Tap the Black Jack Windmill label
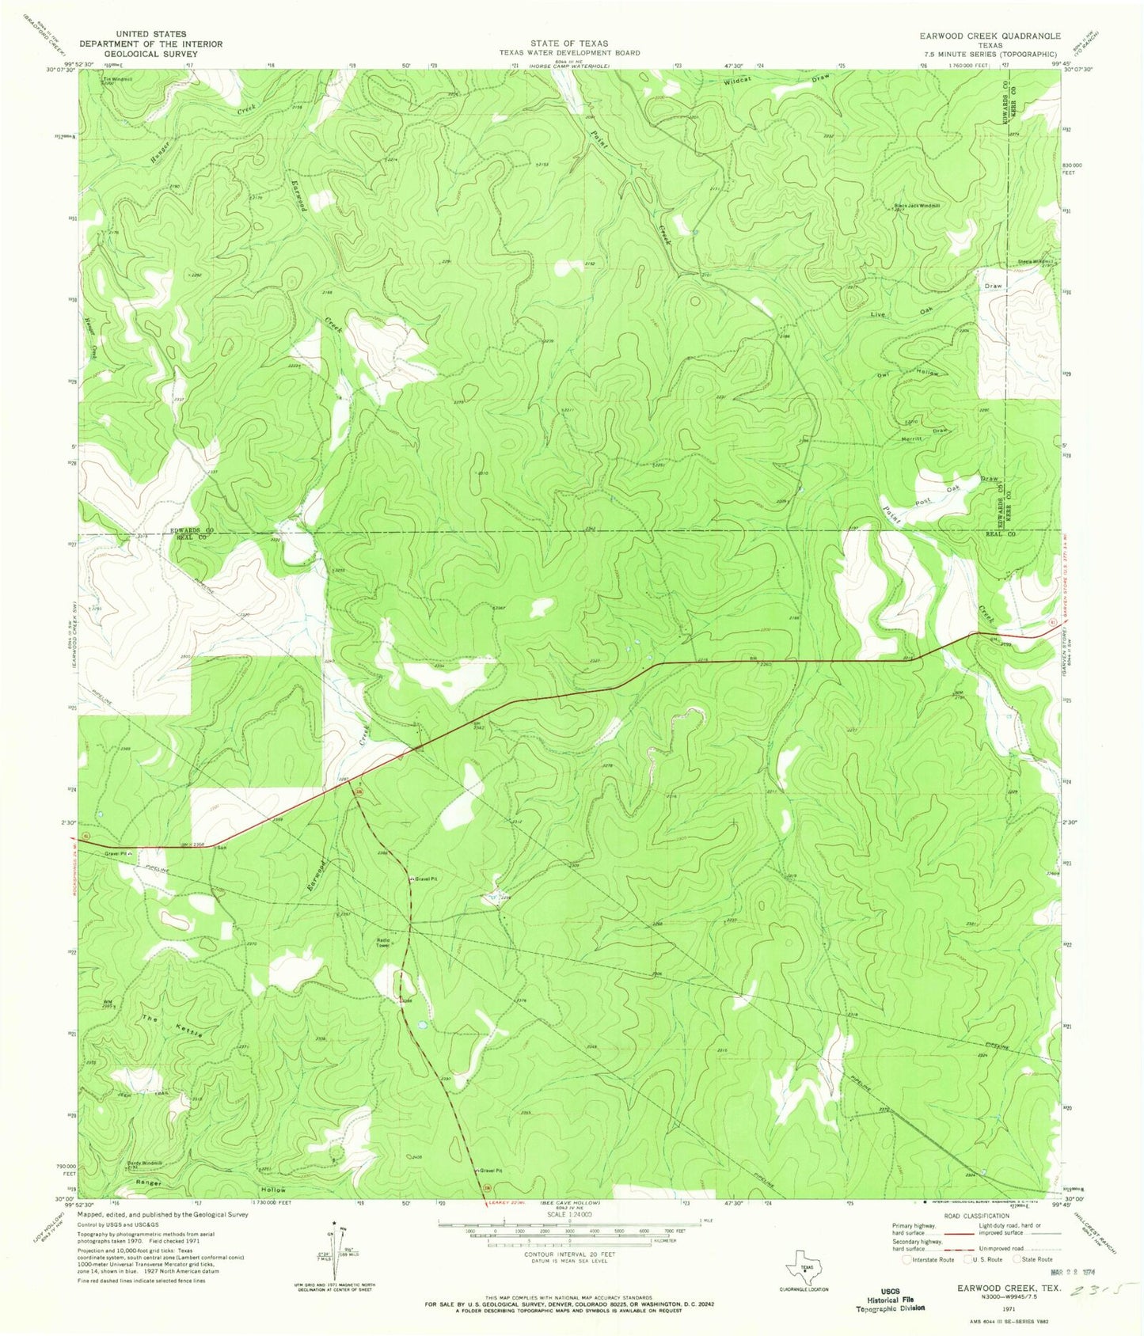917,206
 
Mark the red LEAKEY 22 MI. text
498,1202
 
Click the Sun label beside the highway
222,848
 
